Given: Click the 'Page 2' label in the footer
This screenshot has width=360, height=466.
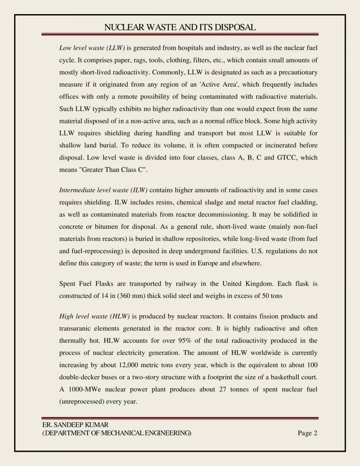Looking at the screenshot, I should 308,433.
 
